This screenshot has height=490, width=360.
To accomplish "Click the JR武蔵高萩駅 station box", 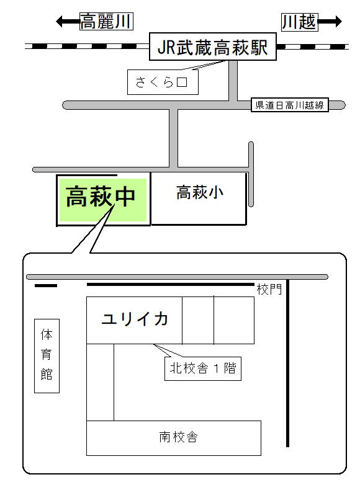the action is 212,47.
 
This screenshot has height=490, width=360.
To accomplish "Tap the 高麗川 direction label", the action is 106,22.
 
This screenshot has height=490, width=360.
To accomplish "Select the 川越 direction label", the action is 300,22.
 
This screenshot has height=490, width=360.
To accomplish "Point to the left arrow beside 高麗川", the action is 68,22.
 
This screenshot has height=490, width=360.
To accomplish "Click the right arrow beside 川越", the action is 330,22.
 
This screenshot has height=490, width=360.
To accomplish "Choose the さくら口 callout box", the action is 163,82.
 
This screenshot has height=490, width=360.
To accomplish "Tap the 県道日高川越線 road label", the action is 290,105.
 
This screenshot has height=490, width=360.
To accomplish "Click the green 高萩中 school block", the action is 102,200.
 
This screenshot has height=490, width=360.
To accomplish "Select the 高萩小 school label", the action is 200,192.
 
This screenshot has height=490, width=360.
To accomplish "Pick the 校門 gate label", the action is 269,290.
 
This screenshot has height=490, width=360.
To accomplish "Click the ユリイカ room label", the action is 135,319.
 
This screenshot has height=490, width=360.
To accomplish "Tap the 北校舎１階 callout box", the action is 203,368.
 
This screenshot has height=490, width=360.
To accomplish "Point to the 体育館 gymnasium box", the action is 47,355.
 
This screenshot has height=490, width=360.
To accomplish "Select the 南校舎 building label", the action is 178,437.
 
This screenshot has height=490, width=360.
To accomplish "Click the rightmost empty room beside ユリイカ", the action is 234,320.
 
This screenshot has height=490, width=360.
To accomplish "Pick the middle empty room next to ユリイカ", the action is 198,320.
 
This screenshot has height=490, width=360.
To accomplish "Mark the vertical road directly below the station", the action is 233,81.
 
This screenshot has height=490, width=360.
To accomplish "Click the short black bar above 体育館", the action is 46,285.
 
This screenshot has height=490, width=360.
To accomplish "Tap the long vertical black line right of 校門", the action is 288,363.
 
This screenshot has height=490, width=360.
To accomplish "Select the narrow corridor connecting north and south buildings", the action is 100,382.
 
